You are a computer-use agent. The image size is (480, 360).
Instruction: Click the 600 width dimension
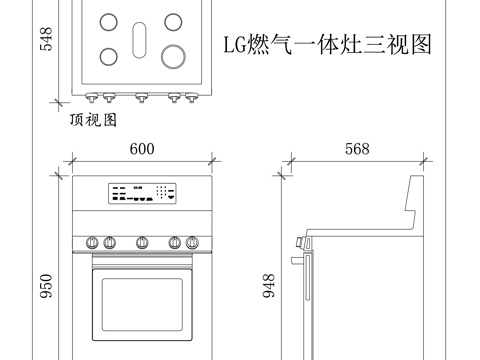coord(142,149)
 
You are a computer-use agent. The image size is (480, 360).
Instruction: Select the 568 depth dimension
coord(357,149)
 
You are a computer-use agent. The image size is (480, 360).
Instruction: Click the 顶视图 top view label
coord(93,119)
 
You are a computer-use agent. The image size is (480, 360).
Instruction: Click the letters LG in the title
coord(233,45)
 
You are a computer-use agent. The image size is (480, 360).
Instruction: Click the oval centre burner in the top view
coord(141,39)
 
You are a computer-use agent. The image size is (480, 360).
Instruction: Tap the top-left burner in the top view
coord(108,20)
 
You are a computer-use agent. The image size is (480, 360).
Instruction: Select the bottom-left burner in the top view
coord(108,54)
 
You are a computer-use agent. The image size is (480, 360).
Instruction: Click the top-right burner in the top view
coord(174,20)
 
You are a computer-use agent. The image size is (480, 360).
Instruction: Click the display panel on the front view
coord(142,194)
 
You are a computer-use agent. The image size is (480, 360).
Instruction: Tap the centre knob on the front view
coord(142,241)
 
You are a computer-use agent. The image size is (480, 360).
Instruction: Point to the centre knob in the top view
coord(141,97)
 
